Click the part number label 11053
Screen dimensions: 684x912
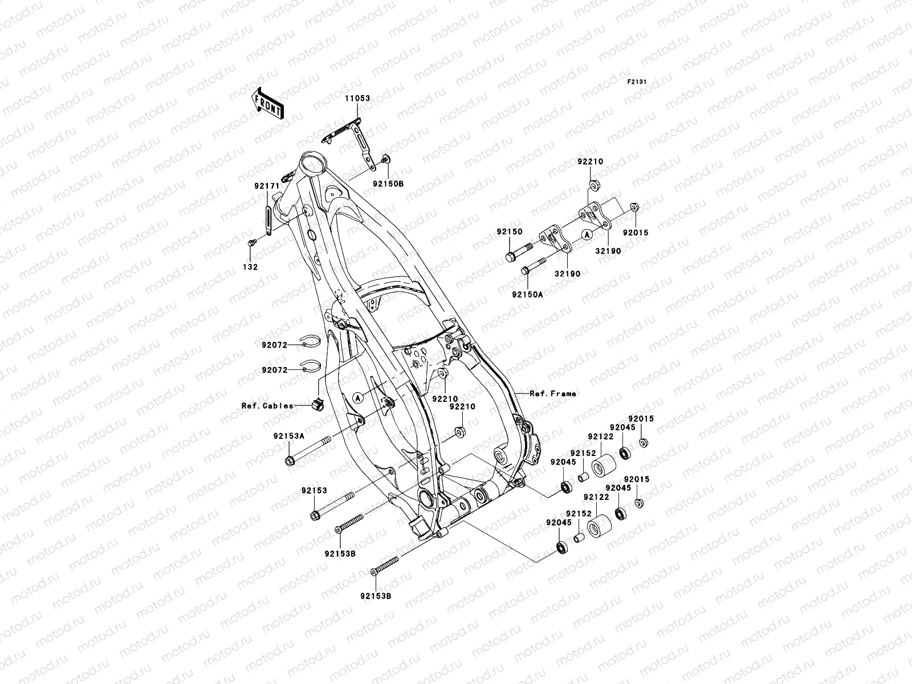(x=373, y=99)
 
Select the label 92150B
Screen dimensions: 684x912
(x=388, y=184)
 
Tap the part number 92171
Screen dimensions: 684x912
(x=266, y=186)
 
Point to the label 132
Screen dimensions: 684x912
(x=251, y=267)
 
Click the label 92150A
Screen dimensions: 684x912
(x=527, y=295)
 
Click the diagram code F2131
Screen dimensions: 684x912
(x=637, y=82)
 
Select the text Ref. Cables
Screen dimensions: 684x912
(x=268, y=406)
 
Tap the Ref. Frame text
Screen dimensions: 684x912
(x=553, y=393)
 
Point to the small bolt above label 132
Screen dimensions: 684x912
(x=251, y=244)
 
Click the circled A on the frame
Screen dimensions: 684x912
(x=357, y=398)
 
